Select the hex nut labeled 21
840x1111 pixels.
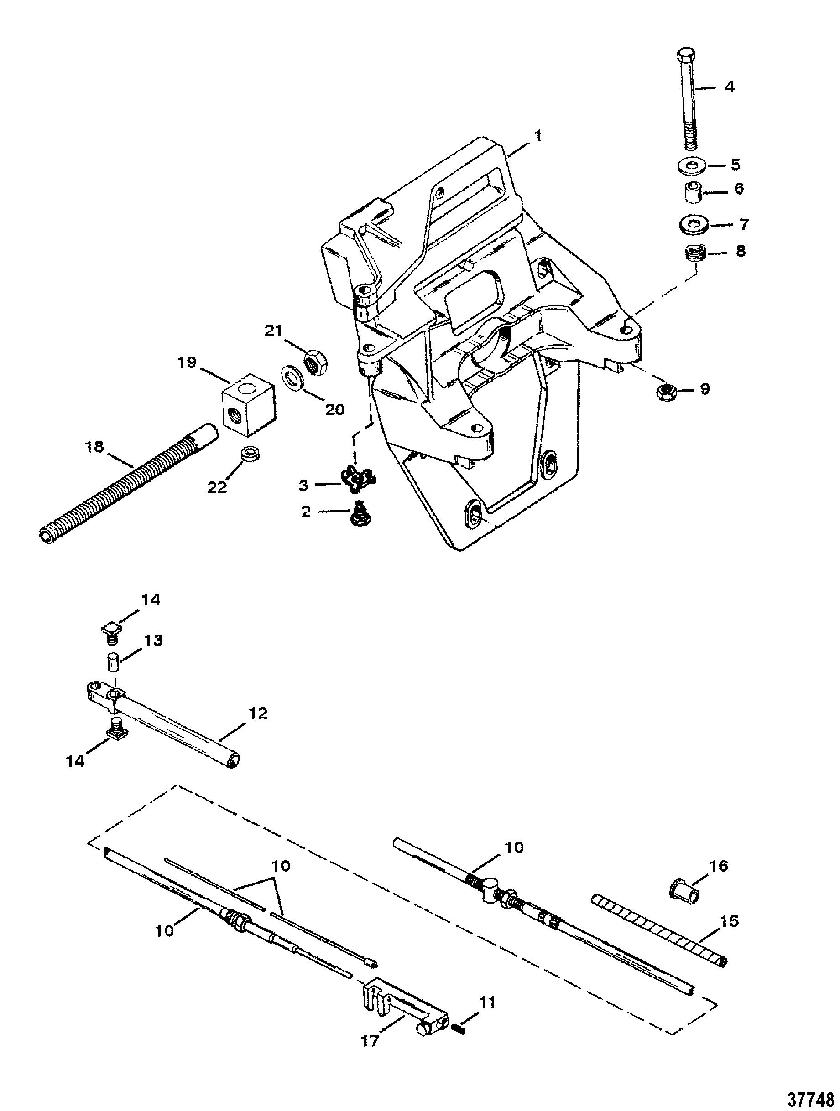316,361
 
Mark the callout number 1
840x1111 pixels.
538,136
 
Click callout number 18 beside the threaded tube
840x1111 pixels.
94,446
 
